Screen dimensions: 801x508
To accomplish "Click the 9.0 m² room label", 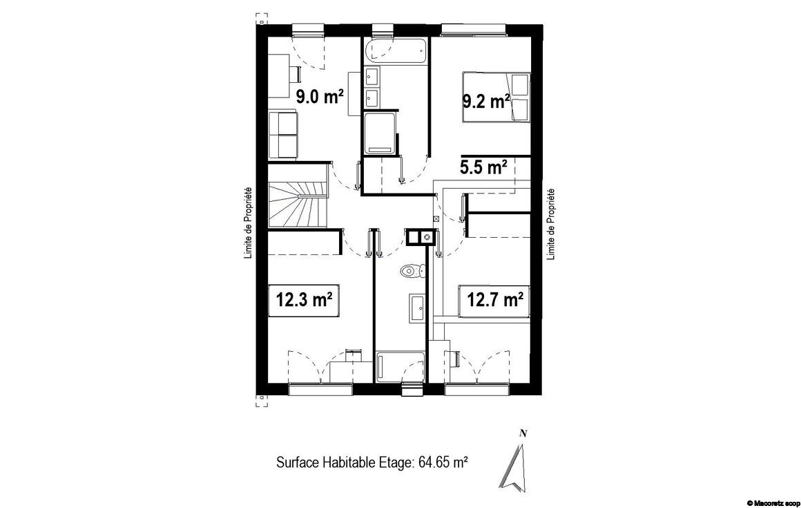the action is click(320, 96).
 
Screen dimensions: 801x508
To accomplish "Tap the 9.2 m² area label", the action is click(486, 101).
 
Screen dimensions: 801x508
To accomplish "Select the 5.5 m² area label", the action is click(483, 167).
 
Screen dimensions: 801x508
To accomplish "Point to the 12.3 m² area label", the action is click(305, 299).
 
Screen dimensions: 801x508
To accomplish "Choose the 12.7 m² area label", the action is click(495, 299).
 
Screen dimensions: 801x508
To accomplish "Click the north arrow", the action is click(512, 469).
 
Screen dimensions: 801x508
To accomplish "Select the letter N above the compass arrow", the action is click(523, 434).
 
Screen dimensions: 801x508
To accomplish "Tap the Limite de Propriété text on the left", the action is click(248, 223).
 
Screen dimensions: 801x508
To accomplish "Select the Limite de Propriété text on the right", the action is click(551, 225).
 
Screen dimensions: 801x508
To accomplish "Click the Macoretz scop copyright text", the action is click(773, 503).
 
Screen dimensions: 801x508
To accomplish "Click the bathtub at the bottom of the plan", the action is click(400, 366).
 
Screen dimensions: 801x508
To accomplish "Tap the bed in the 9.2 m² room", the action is click(496, 97).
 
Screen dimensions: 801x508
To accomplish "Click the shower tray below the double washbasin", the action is click(380, 133).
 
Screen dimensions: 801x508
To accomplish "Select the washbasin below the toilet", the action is click(417, 308).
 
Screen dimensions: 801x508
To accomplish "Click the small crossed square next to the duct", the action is click(435, 218).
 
